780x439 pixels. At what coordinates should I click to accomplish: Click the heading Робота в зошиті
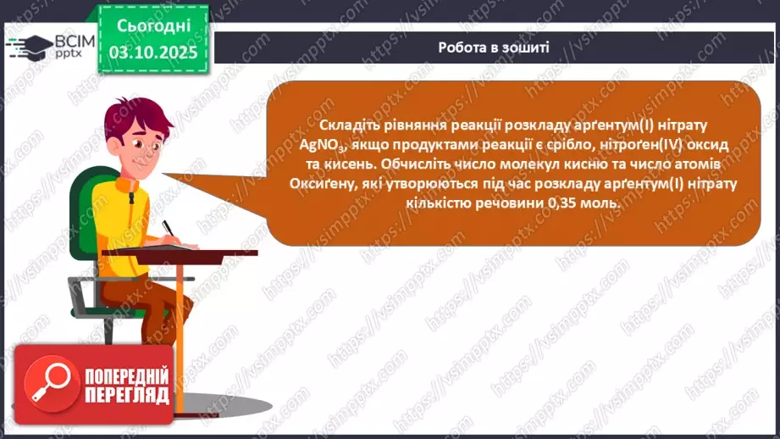(494, 47)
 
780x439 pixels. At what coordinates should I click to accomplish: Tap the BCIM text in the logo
(70, 42)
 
